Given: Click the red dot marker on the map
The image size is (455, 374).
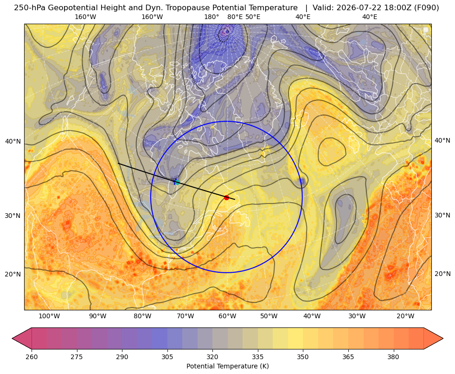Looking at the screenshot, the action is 226,197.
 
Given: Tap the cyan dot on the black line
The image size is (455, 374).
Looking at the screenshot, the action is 177,182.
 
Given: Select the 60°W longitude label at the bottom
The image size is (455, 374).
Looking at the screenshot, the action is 227,316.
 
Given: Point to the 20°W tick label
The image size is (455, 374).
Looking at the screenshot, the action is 405,316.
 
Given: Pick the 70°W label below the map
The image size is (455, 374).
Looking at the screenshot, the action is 185,316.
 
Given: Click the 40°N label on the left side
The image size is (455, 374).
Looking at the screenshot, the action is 13,142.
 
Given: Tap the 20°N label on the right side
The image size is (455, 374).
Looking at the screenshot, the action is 442,274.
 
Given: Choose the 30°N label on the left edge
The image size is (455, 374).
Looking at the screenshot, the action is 13,216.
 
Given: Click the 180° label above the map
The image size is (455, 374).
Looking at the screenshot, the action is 211,17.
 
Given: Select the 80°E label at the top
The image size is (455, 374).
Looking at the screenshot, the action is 235,17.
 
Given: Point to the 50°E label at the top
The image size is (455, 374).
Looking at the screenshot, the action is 253,17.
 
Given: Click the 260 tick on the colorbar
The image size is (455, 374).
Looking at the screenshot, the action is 32,357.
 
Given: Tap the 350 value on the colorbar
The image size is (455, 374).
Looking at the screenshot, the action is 303,357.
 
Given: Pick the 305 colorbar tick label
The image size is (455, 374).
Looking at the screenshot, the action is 167,357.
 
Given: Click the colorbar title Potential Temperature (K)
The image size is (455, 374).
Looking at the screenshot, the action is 227,366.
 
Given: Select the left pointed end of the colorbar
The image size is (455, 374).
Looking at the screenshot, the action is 12,338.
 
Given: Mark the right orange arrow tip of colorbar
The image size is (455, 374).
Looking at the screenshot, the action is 443,338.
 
